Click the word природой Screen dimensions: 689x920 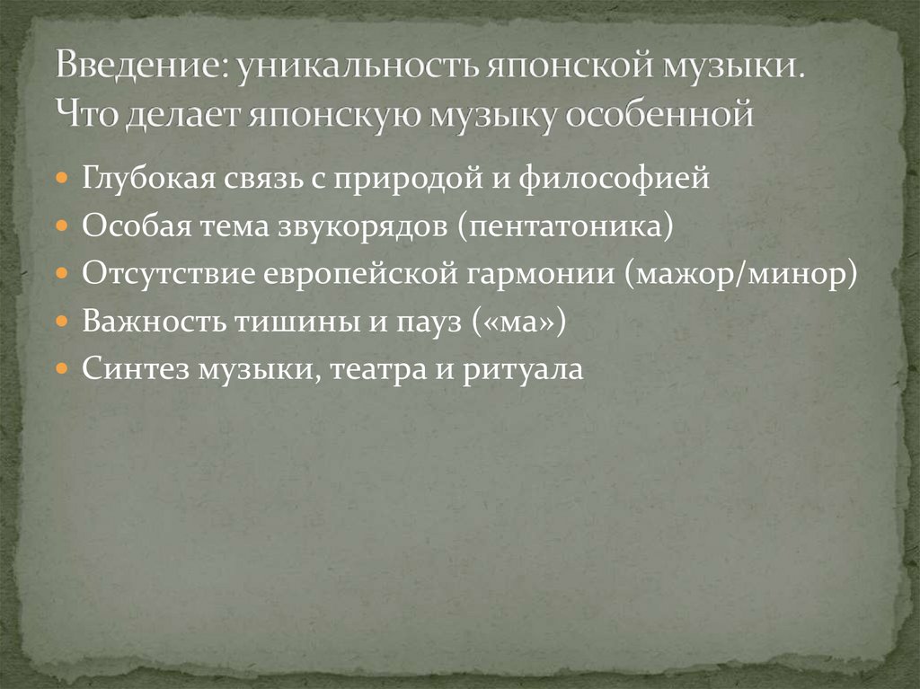pyautogui.click(x=403, y=178)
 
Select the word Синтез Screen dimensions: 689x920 pyautogui.click(x=125, y=367)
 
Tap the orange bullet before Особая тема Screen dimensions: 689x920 pyautogui.click(x=61, y=225)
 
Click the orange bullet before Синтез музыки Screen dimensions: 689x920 pyautogui.click(x=61, y=367)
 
